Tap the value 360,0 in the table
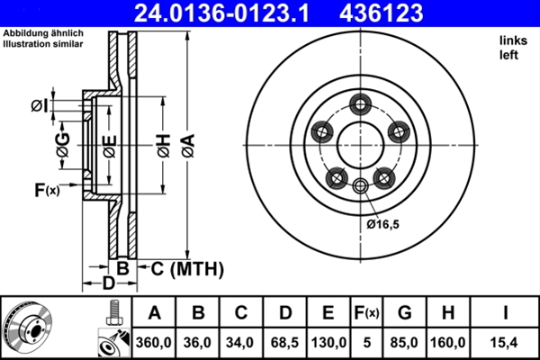154,343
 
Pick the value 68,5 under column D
284,343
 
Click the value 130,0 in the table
328,343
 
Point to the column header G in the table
404,313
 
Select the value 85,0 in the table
404,343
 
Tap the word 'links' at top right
511,41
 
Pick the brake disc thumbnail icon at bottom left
29,328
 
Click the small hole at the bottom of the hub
361,186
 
